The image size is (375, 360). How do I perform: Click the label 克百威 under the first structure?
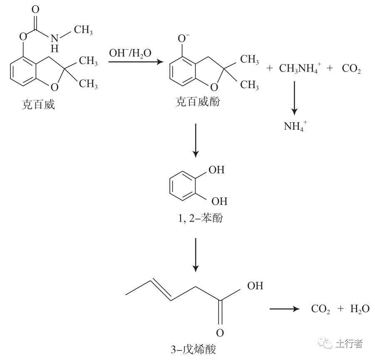point(38,104)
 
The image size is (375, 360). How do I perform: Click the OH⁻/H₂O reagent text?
point(130,53)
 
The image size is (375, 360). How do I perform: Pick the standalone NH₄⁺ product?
point(296,126)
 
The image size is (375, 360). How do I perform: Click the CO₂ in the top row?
point(351,69)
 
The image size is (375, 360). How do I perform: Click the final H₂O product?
point(359,309)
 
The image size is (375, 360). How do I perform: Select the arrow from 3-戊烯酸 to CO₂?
point(285,309)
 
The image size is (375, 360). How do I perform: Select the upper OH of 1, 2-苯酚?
point(218,170)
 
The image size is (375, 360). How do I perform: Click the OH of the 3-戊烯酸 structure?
point(255,286)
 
